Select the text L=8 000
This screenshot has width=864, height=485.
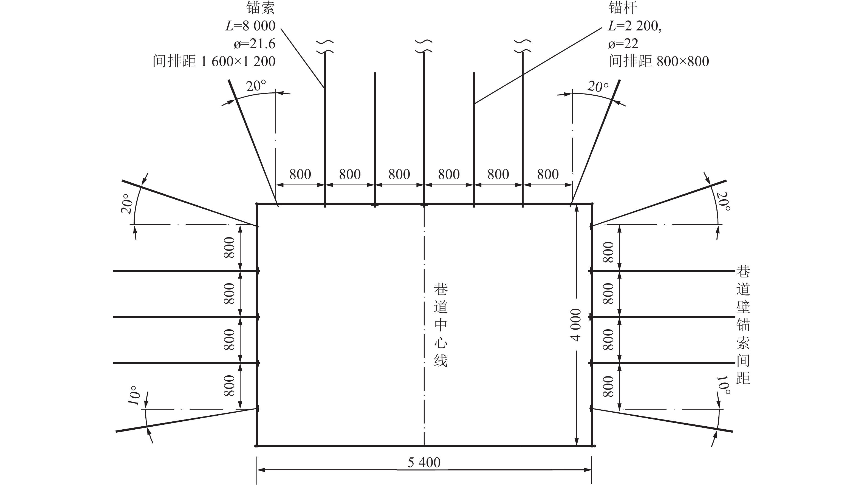point(250,26)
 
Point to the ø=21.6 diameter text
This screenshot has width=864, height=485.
point(255,44)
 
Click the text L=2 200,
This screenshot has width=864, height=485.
point(635,26)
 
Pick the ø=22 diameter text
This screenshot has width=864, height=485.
point(623,44)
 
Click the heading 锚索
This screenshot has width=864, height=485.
point(261,8)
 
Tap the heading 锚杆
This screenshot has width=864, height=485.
point(623,8)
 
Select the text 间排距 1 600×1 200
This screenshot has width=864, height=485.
point(214,61)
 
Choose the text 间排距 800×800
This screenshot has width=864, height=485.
point(659,61)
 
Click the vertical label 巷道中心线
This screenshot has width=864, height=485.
point(441,325)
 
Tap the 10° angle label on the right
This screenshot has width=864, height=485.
point(722,385)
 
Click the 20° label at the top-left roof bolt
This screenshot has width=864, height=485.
point(256,86)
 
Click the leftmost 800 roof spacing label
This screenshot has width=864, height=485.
point(300,174)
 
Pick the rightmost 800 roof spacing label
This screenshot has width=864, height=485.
point(548,174)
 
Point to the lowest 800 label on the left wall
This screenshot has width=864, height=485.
point(229,385)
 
